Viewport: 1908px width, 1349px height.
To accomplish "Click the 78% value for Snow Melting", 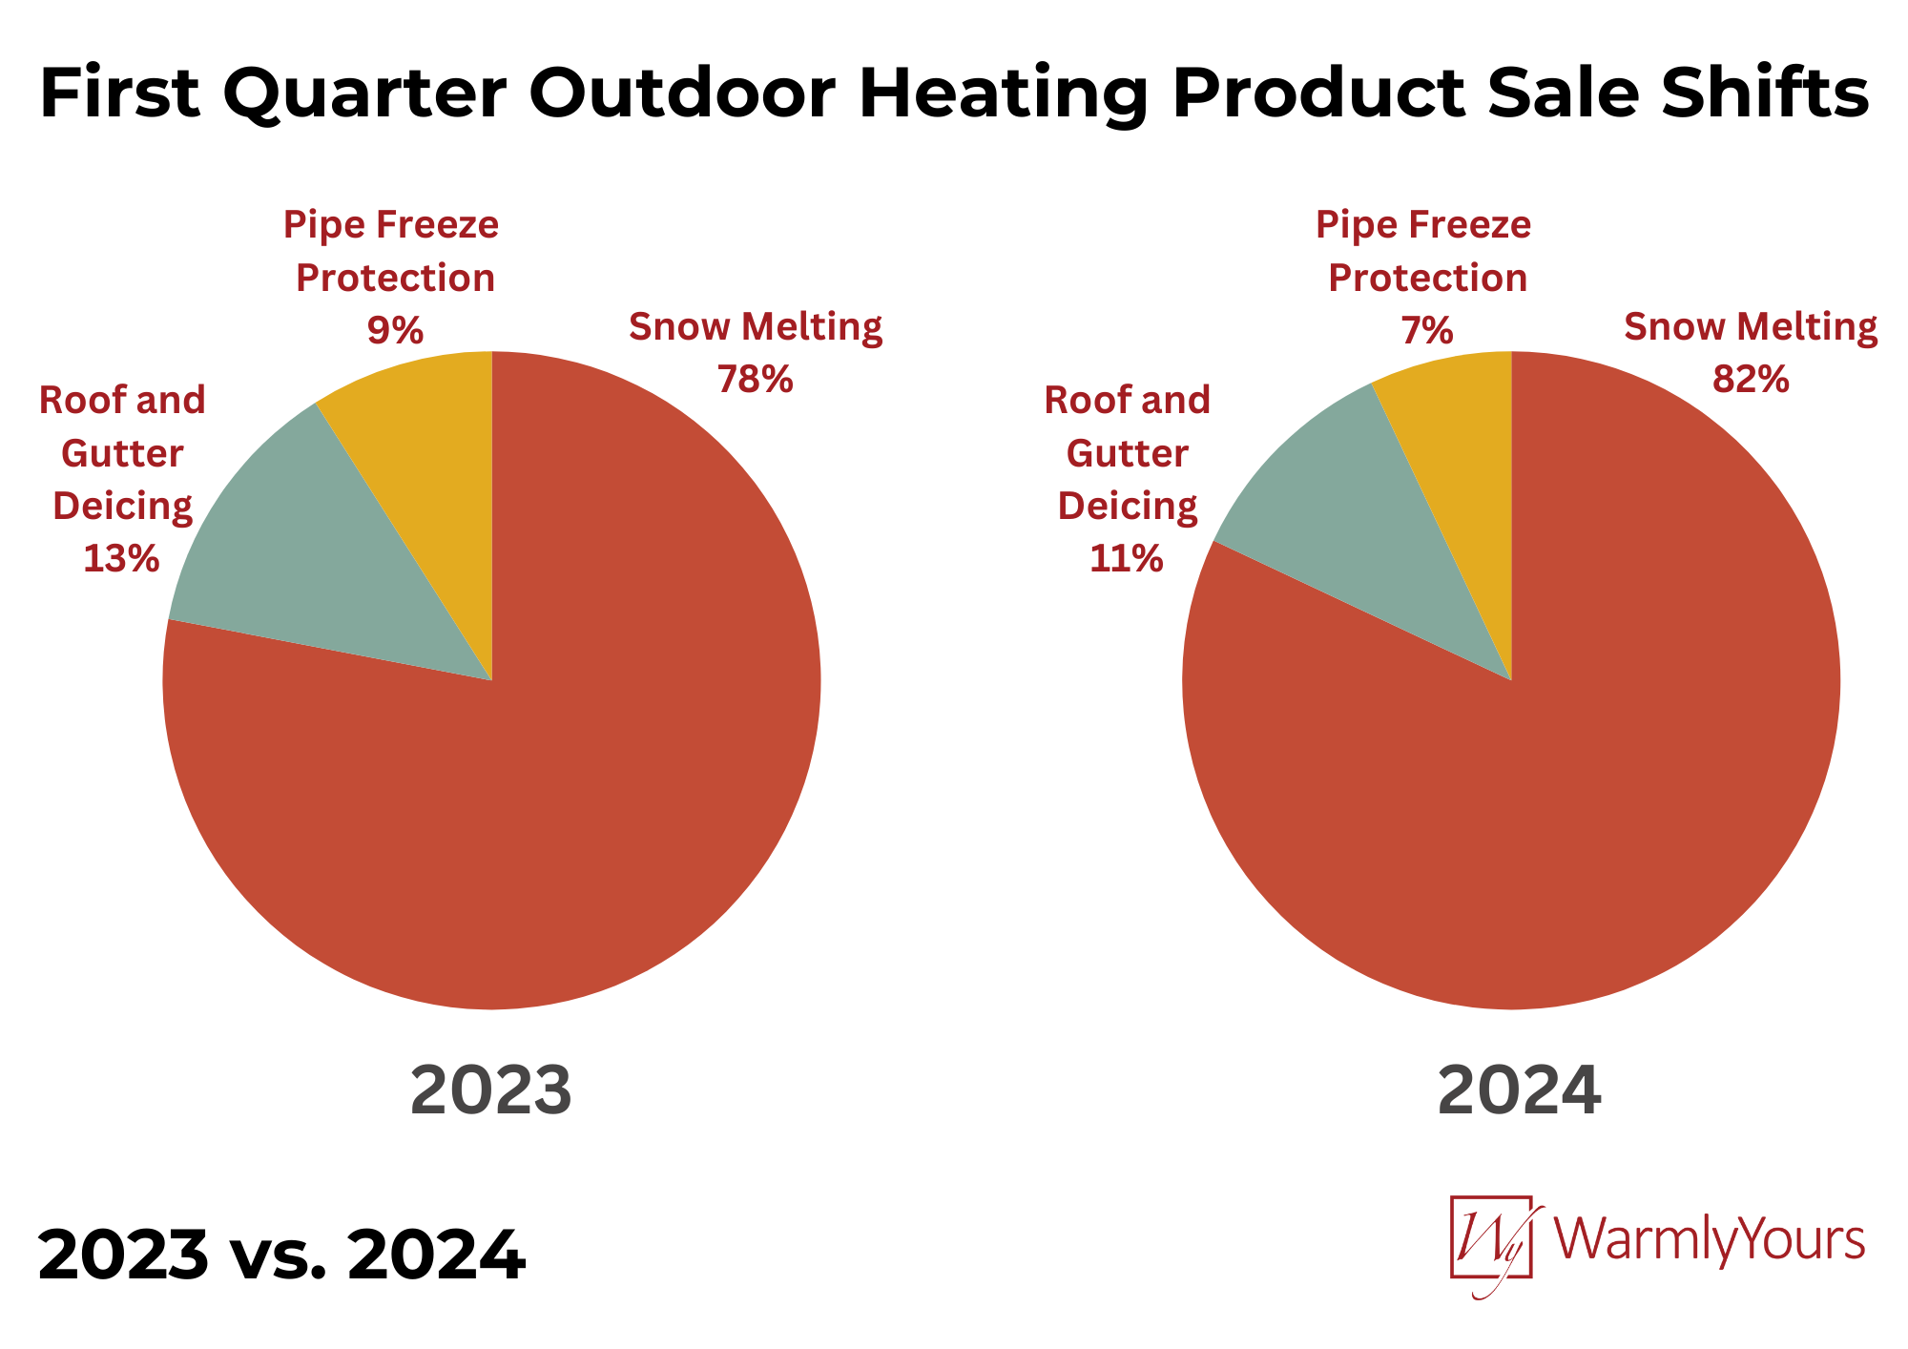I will click(755, 380).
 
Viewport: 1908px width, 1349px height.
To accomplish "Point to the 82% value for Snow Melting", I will click(1751, 380).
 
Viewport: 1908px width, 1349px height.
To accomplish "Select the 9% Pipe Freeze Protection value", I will click(395, 330).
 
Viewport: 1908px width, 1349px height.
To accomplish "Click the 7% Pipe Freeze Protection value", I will click(1427, 330).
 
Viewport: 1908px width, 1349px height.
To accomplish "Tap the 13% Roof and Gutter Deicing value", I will click(121, 558).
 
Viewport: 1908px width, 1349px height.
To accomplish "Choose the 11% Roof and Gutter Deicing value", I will click(1127, 558).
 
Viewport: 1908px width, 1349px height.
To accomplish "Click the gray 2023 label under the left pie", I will click(491, 1090).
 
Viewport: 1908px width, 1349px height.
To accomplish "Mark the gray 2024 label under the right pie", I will click(1519, 1090).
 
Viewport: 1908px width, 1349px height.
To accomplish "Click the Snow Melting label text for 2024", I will click(1751, 326).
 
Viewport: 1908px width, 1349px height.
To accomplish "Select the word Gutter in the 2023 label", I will click(122, 453).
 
